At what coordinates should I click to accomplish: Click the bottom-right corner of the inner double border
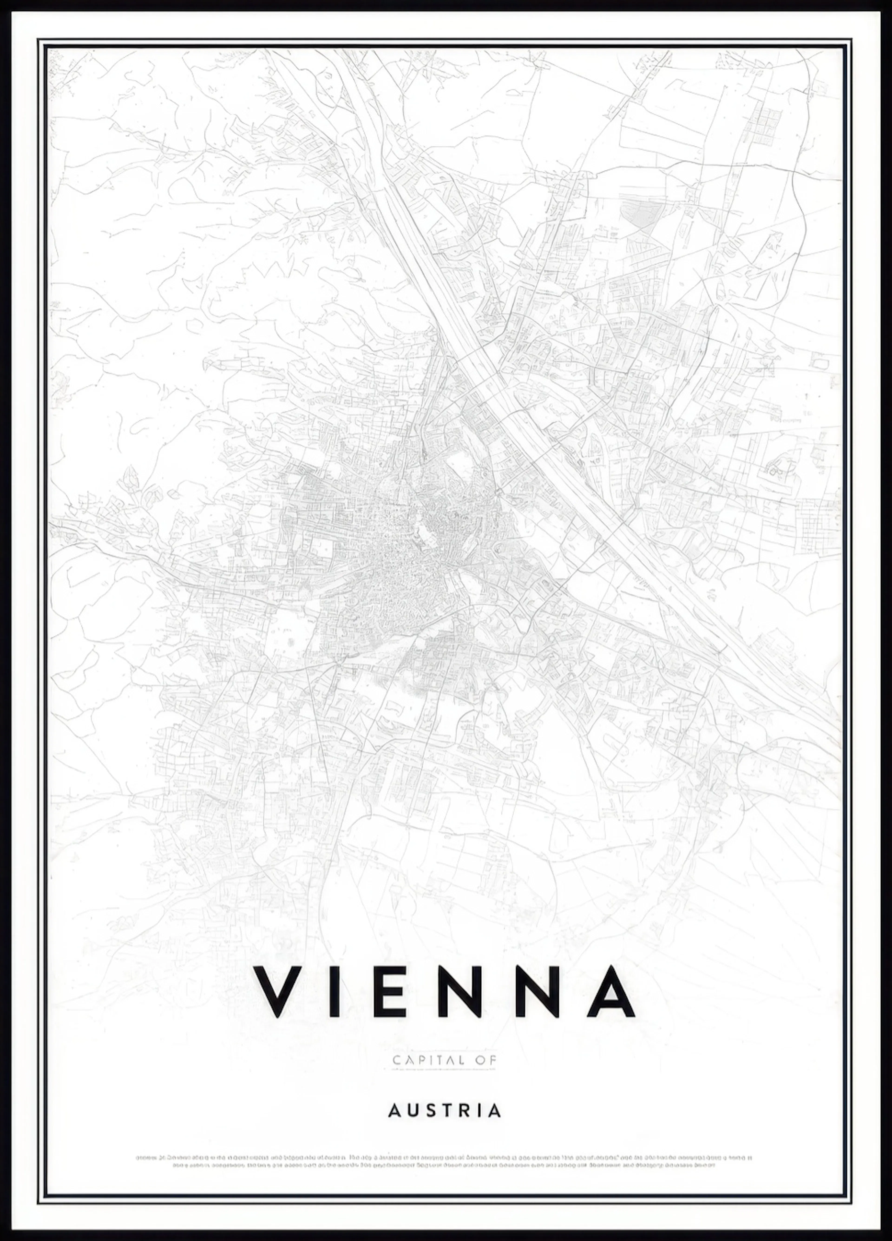pyautogui.click(x=852, y=1201)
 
